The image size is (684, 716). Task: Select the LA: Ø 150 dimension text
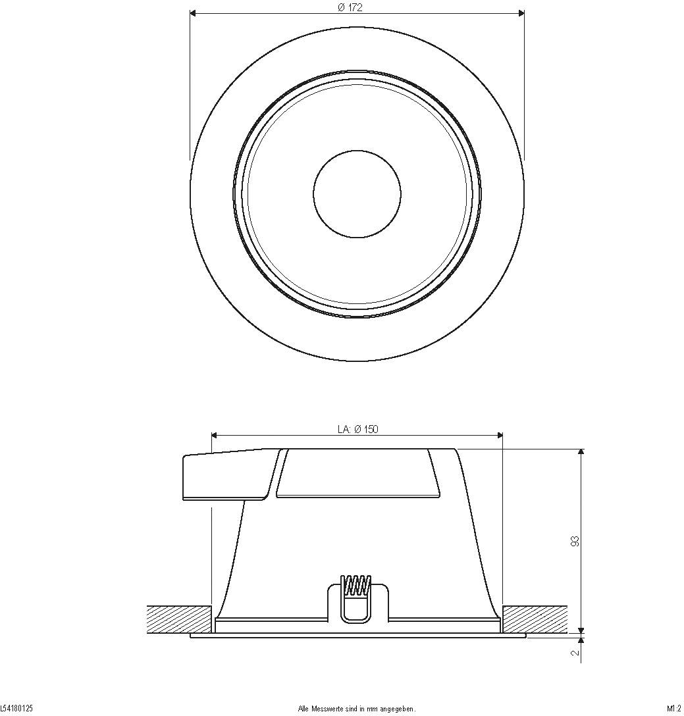click(x=357, y=429)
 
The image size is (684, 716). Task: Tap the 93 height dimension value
click(x=575, y=541)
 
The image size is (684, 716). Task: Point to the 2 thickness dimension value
click(x=575, y=653)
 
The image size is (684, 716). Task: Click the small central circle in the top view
click(x=357, y=194)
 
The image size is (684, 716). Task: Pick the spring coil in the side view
click(x=355, y=585)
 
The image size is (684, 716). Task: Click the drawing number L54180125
click(x=16, y=709)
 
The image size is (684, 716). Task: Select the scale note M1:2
click(x=673, y=709)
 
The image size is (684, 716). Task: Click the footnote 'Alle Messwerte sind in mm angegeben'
click(x=357, y=709)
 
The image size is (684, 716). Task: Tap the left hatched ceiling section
click(x=178, y=619)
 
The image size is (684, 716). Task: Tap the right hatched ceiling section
click(x=535, y=619)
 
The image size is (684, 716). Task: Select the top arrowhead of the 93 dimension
click(x=581, y=453)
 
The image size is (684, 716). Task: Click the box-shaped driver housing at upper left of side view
click(x=224, y=475)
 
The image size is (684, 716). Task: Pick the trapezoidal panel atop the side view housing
click(x=357, y=474)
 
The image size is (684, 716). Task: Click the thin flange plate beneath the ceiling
click(x=357, y=636)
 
